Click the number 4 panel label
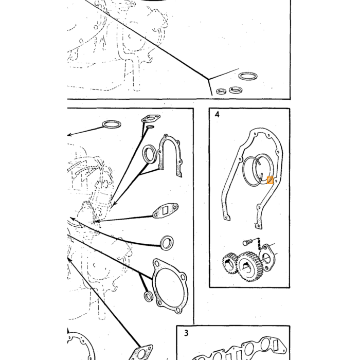click(217, 114)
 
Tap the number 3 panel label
click(186, 333)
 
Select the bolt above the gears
click(247, 242)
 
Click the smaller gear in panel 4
click(229, 263)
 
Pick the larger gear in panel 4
click(249, 266)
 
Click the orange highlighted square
click(270, 180)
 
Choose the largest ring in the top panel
click(247, 76)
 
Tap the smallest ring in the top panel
click(222, 91)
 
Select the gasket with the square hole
click(165, 211)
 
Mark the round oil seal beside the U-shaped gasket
click(150, 154)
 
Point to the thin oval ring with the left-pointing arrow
click(112, 124)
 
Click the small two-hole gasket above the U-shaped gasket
click(151, 119)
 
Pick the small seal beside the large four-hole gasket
click(148, 296)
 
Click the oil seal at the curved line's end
click(167, 243)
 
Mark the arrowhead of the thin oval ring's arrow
click(69, 135)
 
